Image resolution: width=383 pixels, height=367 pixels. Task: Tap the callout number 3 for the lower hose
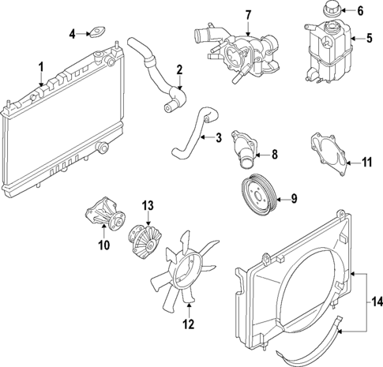pos(219,139)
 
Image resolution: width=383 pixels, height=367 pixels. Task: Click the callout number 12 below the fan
pos(188,322)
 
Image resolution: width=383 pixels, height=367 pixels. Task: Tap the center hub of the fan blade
pos(187,264)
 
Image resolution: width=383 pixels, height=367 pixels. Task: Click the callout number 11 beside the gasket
pos(366,163)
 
